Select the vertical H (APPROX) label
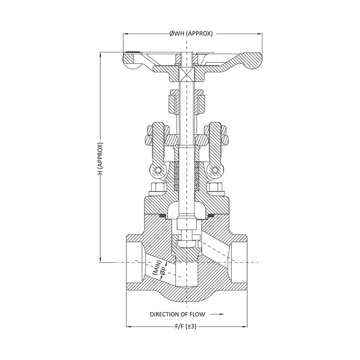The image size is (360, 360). (101, 159)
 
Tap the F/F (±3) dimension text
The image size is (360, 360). (187, 327)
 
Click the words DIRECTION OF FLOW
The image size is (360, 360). (177, 315)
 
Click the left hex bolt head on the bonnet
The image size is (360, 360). (156, 187)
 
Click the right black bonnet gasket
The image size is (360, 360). (208, 215)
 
